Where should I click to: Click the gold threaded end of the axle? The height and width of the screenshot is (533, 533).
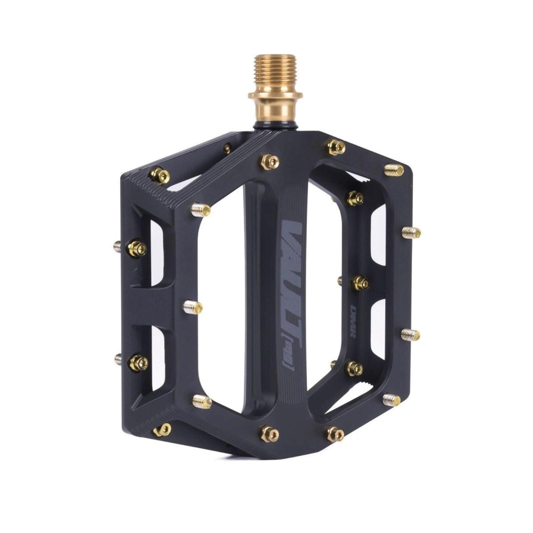pyautogui.click(x=275, y=73)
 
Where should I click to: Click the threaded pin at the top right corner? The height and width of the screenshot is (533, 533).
pyautogui.click(x=394, y=170)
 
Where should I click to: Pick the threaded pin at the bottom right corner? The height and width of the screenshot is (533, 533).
pyautogui.click(x=392, y=400)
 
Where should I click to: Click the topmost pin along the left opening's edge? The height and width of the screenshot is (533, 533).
pyautogui.click(x=201, y=210)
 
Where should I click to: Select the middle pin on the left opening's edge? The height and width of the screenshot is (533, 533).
pyautogui.click(x=193, y=307)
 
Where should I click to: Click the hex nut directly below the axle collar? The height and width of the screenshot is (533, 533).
pyautogui.click(x=269, y=162)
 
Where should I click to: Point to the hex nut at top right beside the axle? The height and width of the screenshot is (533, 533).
pyautogui.click(x=336, y=147)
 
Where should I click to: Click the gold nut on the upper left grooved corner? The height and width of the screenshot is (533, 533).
pyautogui.click(x=160, y=176)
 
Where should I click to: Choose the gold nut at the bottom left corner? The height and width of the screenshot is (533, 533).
pyautogui.click(x=163, y=430)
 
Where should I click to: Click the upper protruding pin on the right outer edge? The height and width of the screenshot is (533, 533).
pyautogui.click(x=411, y=232)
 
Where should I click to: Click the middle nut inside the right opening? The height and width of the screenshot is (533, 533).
pyautogui.click(x=361, y=283)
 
